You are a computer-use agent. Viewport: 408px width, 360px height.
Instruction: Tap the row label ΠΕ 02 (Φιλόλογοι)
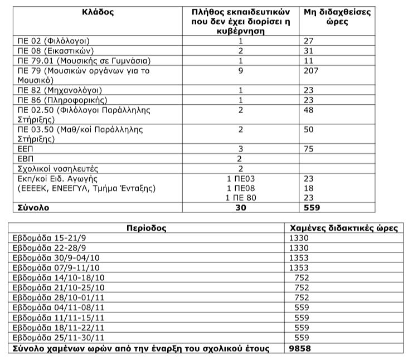(x=54, y=41)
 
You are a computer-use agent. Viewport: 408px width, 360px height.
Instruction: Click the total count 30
(x=240, y=207)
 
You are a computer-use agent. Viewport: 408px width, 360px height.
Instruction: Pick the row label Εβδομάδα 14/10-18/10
(x=56, y=278)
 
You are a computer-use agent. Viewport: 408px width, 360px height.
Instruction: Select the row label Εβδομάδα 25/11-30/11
(x=56, y=338)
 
